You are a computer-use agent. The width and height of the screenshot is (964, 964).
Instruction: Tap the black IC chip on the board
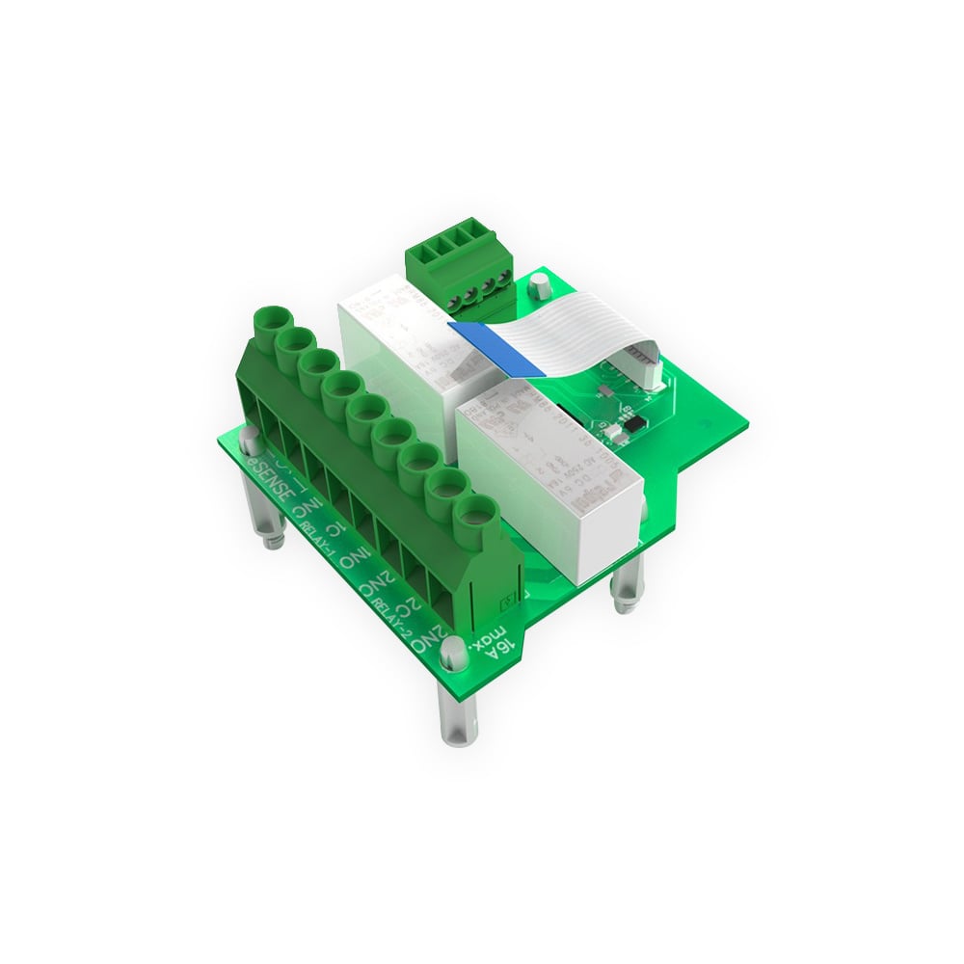(x=634, y=421)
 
